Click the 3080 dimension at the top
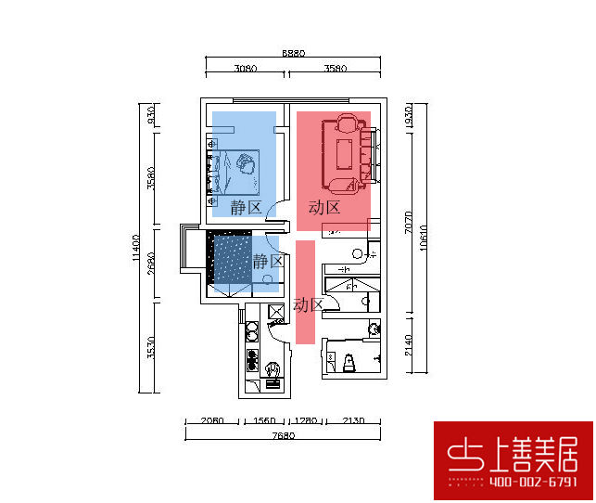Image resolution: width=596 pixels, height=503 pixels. [x=246, y=69]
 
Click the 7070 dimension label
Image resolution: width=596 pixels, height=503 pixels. [x=408, y=224]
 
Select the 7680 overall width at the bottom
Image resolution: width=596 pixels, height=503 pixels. [x=283, y=436]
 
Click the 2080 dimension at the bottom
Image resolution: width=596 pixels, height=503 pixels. [x=212, y=420]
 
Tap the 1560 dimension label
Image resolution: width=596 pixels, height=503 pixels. [x=266, y=420]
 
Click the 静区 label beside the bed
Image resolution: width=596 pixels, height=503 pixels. [x=247, y=207]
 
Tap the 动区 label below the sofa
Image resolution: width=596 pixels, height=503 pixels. [x=325, y=207]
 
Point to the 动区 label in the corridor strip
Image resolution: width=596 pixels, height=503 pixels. [x=308, y=304]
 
